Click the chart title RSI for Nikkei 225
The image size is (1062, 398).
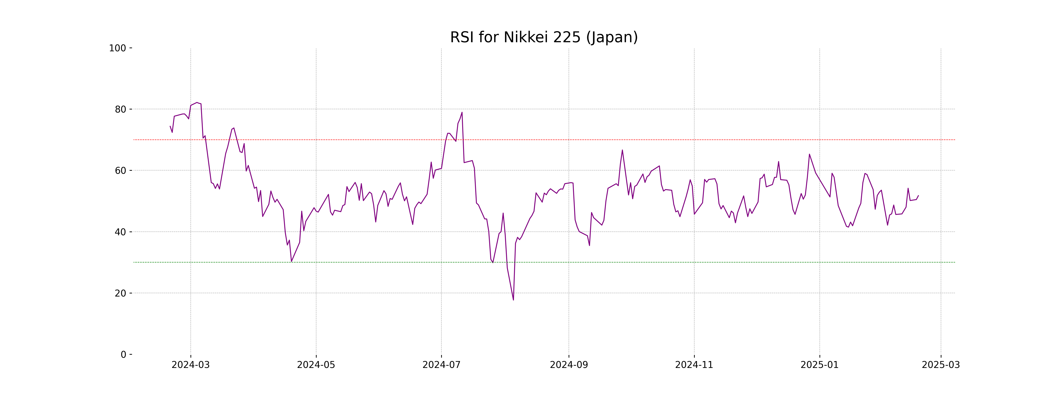tap(544, 38)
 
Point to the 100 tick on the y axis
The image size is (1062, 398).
tap(117, 48)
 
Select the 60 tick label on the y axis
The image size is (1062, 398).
tap(120, 170)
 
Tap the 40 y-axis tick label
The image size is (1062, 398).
tap(120, 232)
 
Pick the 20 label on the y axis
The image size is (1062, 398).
tap(120, 293)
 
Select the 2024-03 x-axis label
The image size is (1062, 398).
tap(190, 365)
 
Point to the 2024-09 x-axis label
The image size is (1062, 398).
tap(569, 365)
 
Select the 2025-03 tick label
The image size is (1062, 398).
tap(941, 365)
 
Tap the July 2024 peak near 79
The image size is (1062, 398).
tap(462, 112)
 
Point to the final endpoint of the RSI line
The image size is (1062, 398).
tap(918, 196)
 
